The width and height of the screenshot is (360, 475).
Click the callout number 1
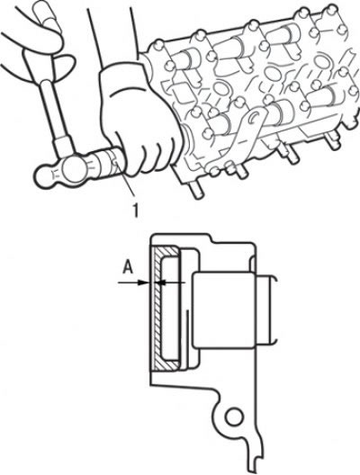pos(136,210)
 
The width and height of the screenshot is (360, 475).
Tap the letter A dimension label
pos(129,268)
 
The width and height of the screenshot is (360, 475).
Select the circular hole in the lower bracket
pos(234,417)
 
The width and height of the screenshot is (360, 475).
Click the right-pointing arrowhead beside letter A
pos(143,282)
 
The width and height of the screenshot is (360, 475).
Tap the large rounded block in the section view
pos(224,309)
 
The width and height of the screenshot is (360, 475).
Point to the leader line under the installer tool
pos(125,181)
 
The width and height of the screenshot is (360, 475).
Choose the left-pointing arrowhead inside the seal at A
pos(162,282)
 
